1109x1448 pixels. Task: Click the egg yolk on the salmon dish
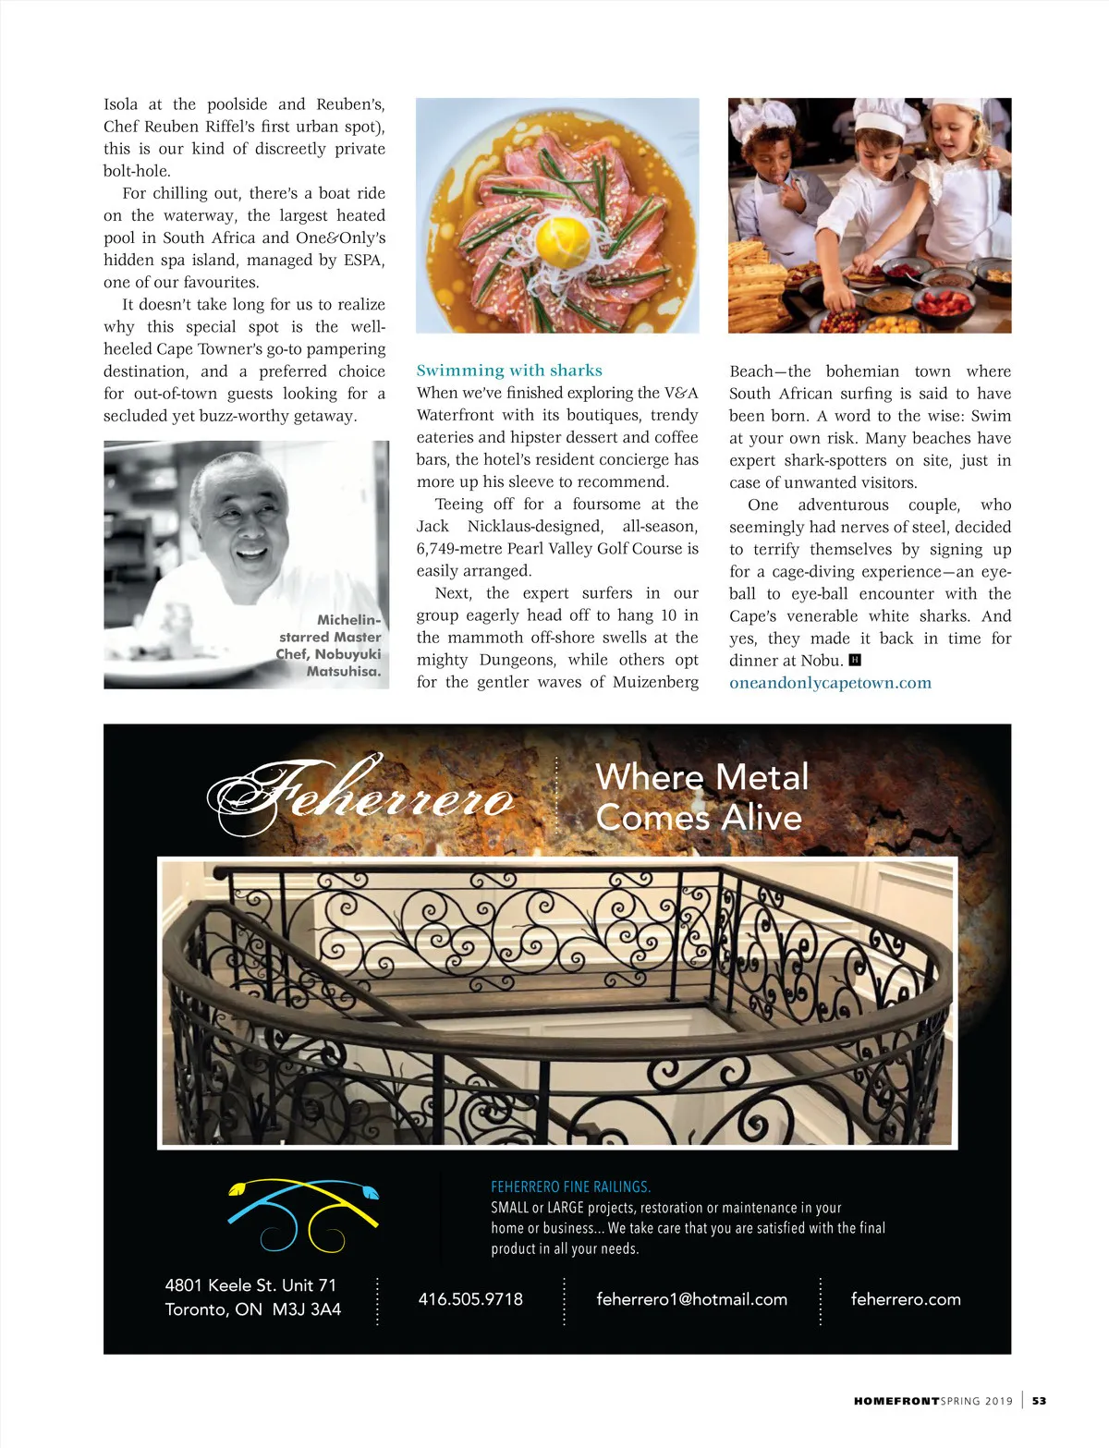[561, 240]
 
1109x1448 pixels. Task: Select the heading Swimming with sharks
[509, 371]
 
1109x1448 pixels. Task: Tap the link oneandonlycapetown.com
[830, 683]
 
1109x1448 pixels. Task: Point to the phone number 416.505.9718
[470, 1299]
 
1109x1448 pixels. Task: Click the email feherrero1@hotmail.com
[691, 1299]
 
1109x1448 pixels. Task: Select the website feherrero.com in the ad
[906, 1299]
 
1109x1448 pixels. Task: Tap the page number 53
[1040, 1401]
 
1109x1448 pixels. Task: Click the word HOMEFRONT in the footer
[896, 1401]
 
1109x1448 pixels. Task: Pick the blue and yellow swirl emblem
[303, 1214]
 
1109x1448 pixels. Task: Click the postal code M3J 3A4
[307, 1309]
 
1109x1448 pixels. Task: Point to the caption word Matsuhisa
[344, 672]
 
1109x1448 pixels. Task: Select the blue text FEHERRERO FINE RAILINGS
[570, 1186]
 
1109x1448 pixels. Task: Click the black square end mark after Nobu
[855, 660]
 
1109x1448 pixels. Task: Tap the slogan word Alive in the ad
[762, 818]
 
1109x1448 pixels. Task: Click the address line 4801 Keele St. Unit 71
[250, 1285]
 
